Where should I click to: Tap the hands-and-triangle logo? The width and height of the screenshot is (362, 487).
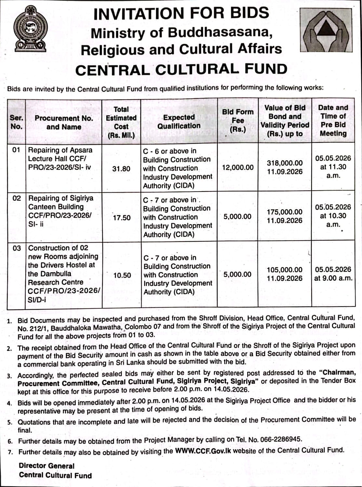coord(329,30)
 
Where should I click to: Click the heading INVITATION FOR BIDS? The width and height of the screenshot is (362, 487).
coord(181,13)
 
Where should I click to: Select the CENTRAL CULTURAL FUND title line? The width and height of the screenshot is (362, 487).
coord(181,69)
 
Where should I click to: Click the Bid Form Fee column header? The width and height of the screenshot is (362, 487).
coord(237,120)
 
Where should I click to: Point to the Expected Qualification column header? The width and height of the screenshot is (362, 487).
coord(179,121)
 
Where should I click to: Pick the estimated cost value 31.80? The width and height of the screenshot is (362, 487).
coord(121,169)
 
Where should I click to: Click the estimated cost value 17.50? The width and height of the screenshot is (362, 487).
coord(122,218)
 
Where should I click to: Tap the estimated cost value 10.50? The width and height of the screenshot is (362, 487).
coord(122,275)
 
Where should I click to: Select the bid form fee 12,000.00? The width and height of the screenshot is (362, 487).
coord(238,168)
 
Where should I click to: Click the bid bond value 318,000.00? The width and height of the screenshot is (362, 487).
coord(285,163)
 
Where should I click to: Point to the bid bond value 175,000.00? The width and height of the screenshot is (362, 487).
coord(285,212)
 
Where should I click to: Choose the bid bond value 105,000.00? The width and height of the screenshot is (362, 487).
coord(285,270)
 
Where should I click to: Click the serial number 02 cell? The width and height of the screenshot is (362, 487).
coord(17,198)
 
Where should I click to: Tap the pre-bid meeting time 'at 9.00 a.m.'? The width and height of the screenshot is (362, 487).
coord(333,278)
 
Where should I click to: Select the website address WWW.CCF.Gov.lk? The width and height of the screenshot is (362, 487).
coord(203,451)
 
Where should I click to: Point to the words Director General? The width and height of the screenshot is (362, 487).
coord(47,466)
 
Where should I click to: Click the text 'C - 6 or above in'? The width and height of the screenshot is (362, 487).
coord(170,151)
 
